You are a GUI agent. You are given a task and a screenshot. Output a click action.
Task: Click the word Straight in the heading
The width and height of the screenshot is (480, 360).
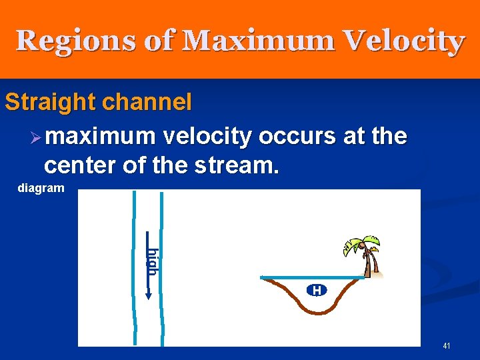[x=48, y=103]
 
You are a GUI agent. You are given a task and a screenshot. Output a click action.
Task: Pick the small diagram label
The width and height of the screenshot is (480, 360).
[x=41, y=188]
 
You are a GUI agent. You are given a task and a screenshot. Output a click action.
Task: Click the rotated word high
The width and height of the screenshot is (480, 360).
[x=153, y=261]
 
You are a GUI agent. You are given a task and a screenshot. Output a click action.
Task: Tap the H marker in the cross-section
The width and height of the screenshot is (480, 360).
[x=317, y=290]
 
